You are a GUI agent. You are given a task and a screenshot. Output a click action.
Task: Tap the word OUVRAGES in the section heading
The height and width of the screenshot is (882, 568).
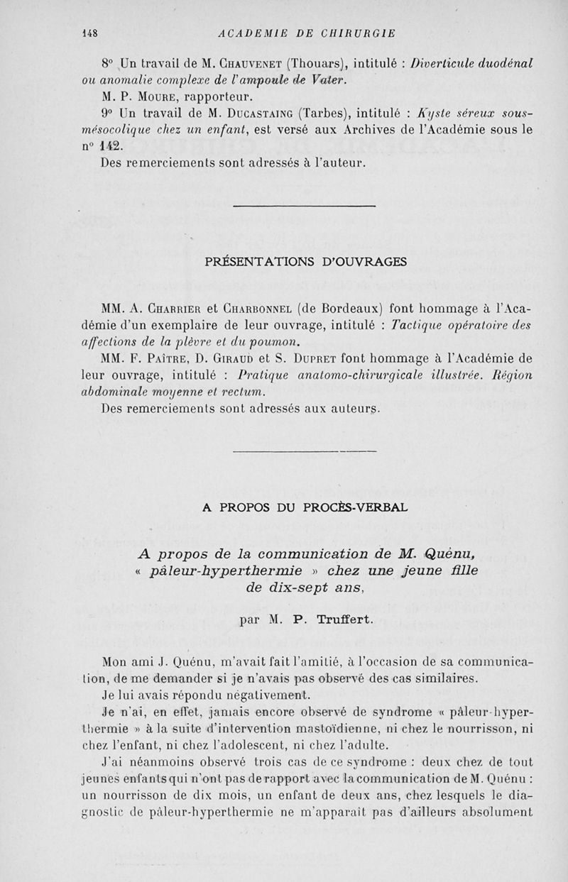360,260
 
